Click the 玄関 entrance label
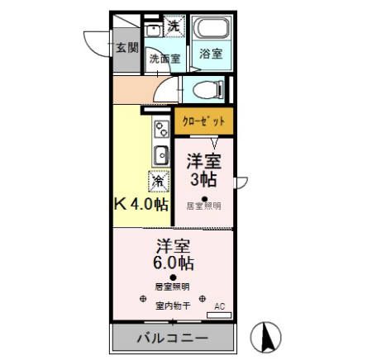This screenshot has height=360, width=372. pyautogui.click(x=127, y=47)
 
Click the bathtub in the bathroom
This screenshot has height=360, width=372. pyautogui.click(x=212, y=28)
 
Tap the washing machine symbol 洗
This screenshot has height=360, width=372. pyautogui.click(x=173, y=26)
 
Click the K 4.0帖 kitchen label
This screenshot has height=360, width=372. pyautogui.click(x=140, y=203)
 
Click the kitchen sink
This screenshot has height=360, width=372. pyautogui.click(x=160, y=154)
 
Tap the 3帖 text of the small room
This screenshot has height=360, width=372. pyautogui.click(x=204, y=178)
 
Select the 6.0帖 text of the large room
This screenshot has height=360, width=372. pyautogui.click(x=173, y=263)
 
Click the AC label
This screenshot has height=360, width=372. pyautogui.click(x=219, y=306)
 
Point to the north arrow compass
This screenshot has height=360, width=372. pyautogui.click(x=267, y=334)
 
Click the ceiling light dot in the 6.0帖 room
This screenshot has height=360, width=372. pyautogui.click(x=173, y=277)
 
